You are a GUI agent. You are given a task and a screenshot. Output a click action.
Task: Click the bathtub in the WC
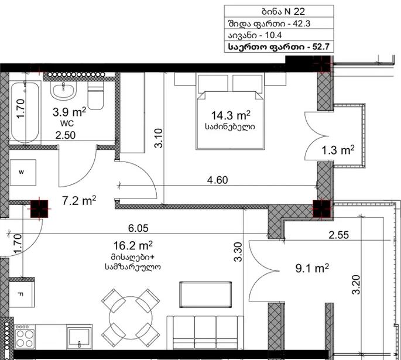click(x=25, y=112)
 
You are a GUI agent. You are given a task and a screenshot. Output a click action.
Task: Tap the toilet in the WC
click(x=95, y=95)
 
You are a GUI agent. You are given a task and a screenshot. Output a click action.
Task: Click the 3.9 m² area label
click(x=69, y=112)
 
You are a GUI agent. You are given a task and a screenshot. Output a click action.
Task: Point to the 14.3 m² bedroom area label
click(x=231, y=115)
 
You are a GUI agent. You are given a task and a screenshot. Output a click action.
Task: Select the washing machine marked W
click(x=23, y=172)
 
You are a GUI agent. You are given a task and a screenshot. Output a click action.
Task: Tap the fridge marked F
click(x=22, y=294)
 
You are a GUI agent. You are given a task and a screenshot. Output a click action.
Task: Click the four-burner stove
click(x=25, y=337)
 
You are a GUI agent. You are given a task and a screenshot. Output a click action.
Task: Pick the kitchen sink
click(x=79, y=337)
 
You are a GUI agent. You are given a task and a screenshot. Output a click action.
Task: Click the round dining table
click(x=131, y=318)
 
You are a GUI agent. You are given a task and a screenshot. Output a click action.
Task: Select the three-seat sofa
click(x=205, y=332)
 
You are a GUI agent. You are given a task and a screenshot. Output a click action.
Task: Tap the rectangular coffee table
click(x=205, y=294)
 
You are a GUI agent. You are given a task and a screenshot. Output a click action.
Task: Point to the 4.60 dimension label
click(x=217, y=180)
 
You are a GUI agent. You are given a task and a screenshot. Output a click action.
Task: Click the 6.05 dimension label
click(x=138, y=228)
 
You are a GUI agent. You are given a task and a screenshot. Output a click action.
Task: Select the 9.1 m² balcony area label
click(x=312, y=269)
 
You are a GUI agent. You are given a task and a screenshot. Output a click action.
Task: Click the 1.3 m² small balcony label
click(x=338, y=150)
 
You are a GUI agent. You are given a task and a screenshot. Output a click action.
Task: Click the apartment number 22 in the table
click(x=299, y=12)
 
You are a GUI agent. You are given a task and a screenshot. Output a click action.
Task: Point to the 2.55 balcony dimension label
click(x=338, y=235)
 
